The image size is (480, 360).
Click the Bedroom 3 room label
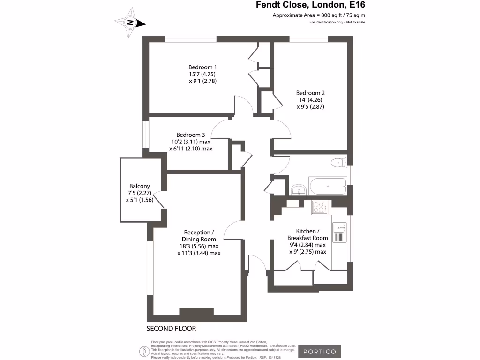[x=191, y=135]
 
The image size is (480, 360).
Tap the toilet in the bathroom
[x=337, y=163]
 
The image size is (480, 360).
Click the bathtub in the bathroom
[x=327, y=187]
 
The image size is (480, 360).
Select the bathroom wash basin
[x=298, y=190]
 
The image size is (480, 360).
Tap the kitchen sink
[x=339, y=228]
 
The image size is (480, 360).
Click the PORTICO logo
[x=320, y=351]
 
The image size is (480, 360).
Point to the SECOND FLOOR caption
[x=171, y=329]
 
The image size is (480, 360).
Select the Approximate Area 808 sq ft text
[x=319, y=15]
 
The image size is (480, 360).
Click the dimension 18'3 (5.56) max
[x=199, y=246]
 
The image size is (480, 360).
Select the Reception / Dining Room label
[x=199, y=236]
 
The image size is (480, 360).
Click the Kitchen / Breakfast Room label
[x=307, y=234]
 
